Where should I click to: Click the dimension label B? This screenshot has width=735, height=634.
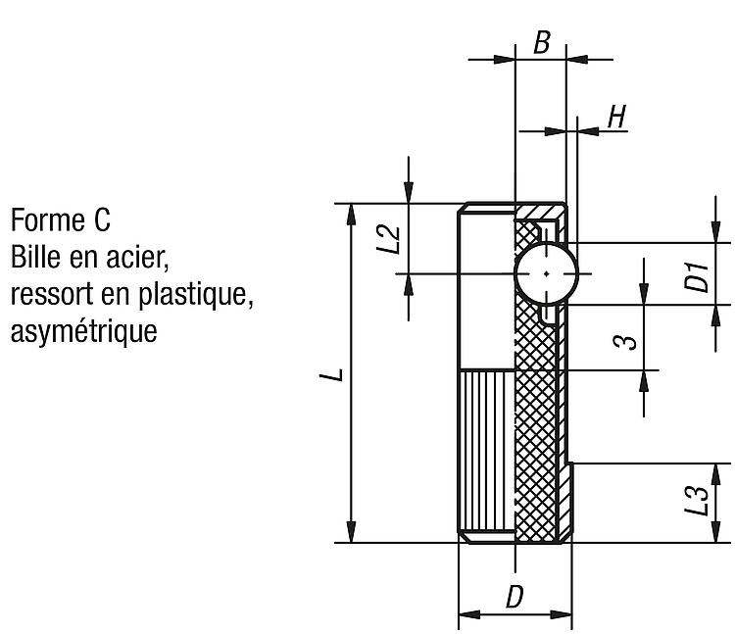coord(541,42)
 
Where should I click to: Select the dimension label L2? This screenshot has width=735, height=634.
coord(389,238)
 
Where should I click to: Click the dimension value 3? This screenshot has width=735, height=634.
coord(626,343)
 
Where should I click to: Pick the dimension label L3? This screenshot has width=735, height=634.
coord(697,501)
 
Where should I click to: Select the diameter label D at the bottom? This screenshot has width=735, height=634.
coord(514,597)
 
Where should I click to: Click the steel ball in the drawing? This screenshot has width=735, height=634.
coord(547,273)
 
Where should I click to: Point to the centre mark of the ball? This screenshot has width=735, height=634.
coord(547,273)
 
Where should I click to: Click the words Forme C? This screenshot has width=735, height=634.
coord(61,219)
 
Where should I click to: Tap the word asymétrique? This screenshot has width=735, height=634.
coord(84,331)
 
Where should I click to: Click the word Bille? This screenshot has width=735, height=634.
coord(35,257)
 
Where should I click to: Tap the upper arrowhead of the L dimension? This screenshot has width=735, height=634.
coord(351,215)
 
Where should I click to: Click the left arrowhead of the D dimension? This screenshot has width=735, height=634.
coord(469,614)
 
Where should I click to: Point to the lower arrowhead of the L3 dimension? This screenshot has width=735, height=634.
coord(715,532)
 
